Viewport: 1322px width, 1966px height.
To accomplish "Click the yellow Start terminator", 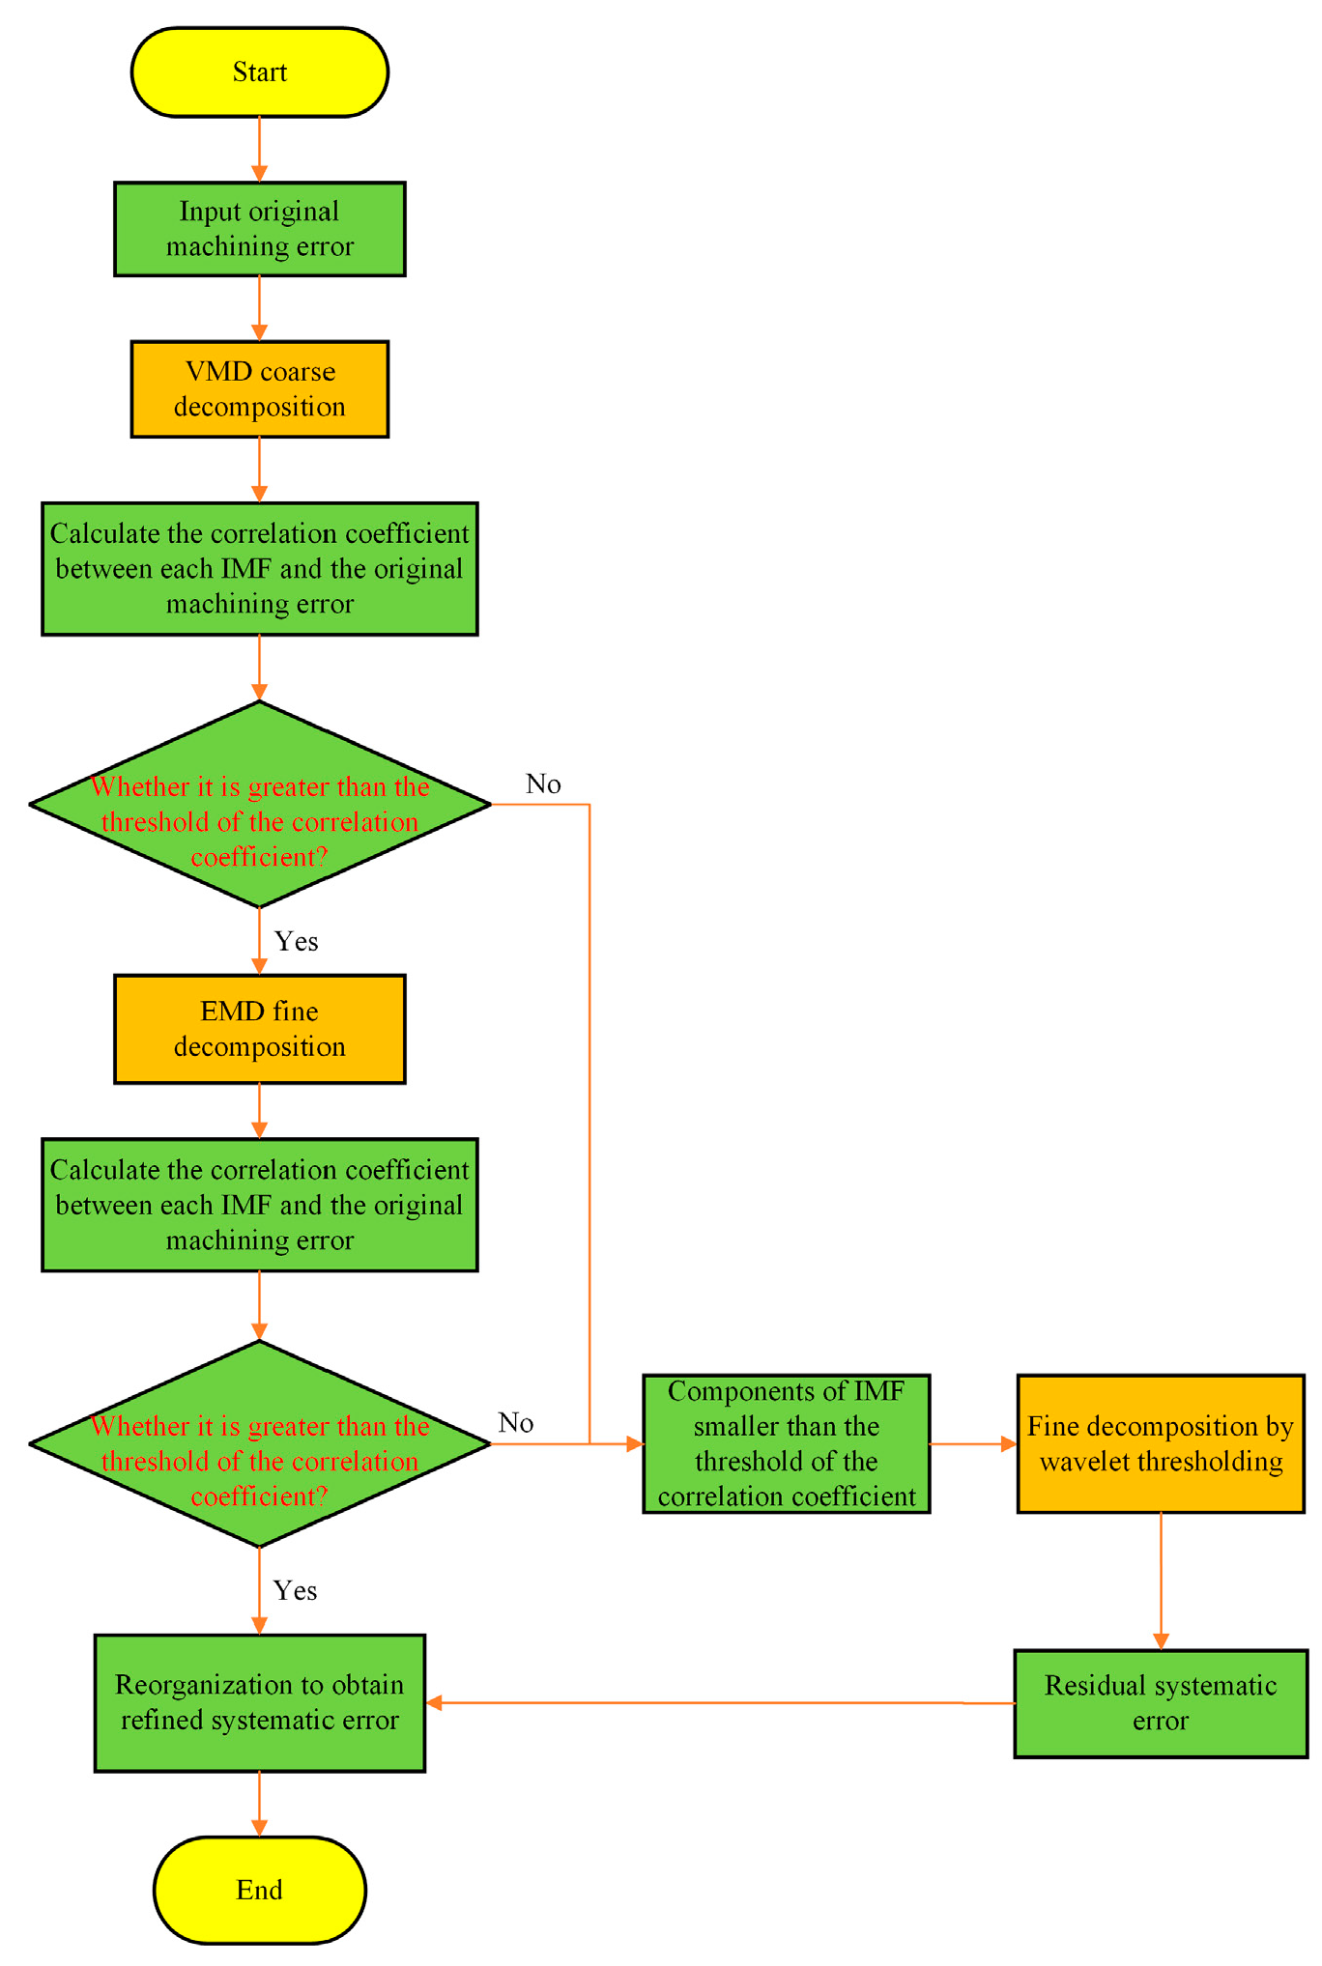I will click(259, 72).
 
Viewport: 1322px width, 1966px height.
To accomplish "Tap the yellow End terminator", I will click(259, 1890).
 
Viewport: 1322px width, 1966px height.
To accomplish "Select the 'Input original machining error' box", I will click(259, 229).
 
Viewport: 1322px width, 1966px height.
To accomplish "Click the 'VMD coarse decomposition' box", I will click(259, 388).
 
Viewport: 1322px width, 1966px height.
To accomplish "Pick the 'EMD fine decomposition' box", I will click(259, 1028).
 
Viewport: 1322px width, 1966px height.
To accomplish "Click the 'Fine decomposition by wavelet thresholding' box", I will click(1160, 1443).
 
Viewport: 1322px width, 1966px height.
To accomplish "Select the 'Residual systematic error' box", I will click(1160, 1703).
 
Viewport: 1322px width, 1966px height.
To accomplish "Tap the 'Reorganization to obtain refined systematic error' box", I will click(259, 1702).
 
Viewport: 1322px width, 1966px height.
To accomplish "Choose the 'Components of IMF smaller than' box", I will click(786, 1443).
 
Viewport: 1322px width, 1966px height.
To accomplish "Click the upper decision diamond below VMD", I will click(259, 804).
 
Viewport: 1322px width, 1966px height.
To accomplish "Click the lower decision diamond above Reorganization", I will click(259, 1443).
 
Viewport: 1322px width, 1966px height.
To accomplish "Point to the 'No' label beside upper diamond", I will click(543, 784).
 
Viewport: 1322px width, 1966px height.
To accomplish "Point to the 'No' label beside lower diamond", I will click(516, 1423).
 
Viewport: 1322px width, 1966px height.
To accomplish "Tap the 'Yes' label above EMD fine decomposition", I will click(296, 942).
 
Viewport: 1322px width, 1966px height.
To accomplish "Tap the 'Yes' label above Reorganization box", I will click(295, 1591).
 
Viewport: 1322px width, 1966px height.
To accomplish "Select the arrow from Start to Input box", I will click(259, 150).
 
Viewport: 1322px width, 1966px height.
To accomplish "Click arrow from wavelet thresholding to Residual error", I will click(1161, 1581).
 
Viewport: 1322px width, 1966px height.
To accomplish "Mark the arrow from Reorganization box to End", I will click(259, 1804).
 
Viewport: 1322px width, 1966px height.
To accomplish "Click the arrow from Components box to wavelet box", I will click(972, 1443).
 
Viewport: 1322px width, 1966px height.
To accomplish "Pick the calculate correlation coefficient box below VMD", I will click(259, 568).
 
